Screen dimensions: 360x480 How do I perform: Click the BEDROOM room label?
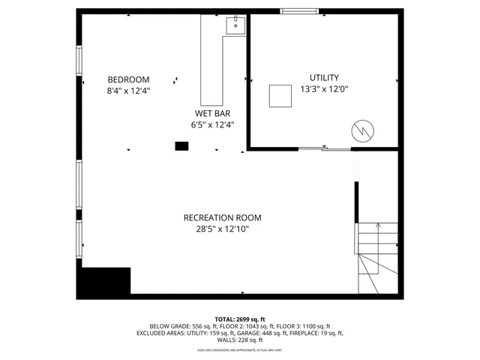pyautogui.click(x=128, y=79)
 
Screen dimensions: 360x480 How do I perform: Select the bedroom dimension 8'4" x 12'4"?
pyautogui.click(x=128, y=91)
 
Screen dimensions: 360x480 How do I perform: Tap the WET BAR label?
pyautogui.click(x=213, y=113)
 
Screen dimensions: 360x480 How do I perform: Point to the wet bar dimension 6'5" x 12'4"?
pyautogui.click(x=213, y=125)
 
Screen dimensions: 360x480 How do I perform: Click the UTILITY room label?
pyautogui.click(x=324, y=77)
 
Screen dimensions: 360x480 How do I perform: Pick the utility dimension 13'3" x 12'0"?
pyautogui.click(x=324, y=89)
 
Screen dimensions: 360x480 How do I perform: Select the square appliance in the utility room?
pyautogui.click(x=281, y=95)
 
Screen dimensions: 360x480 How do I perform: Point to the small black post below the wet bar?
pyautogui.click(x=181, y=145)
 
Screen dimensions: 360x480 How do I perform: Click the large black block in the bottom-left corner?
pyautogui.click(x=105, y=281)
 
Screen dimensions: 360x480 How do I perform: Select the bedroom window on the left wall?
pyautogui.click(x=79, y=61)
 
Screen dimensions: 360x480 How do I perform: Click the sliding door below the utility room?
pyautogui.click(x=324, y=149)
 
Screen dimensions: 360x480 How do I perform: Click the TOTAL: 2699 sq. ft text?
pyautogui.click(x=240, y=319)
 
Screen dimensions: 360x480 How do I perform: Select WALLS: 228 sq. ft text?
pyautogui.click(x=240, y=340)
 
